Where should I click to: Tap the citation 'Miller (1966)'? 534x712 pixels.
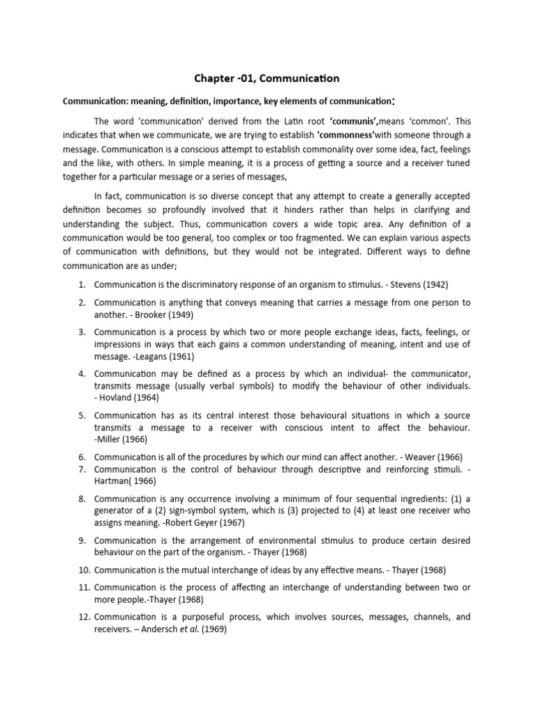coord(126,439)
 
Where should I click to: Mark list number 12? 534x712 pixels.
coord(82,617)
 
